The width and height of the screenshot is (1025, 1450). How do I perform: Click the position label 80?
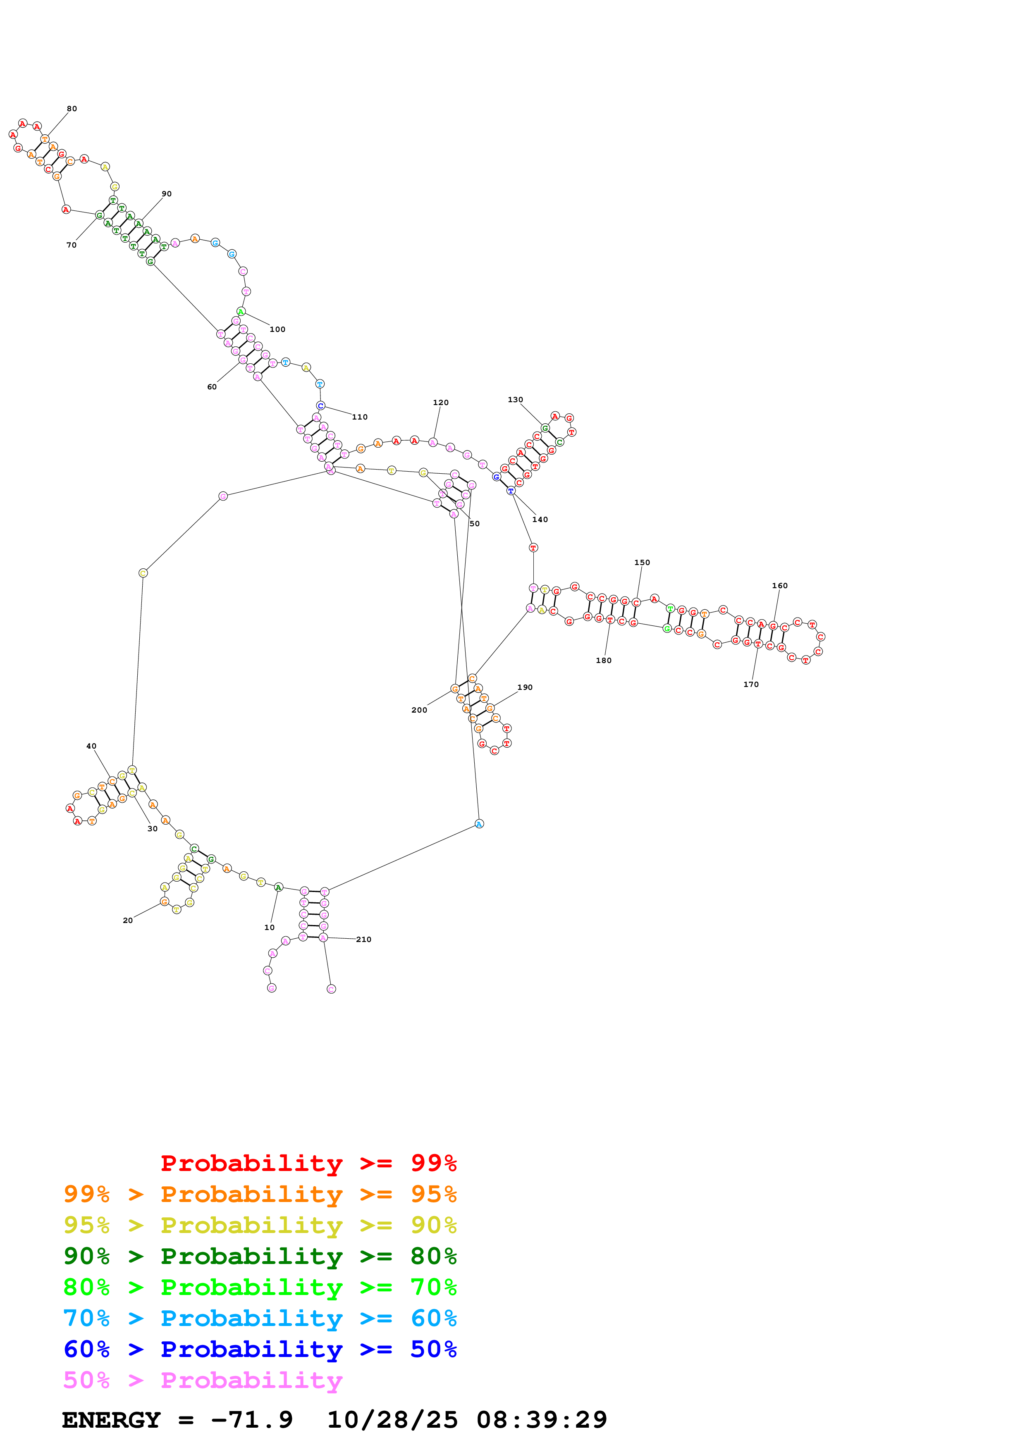(x=72, y=109)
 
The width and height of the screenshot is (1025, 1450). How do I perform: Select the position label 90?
(x=166, y=194)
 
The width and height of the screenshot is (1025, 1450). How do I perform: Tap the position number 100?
(x=277, y=329)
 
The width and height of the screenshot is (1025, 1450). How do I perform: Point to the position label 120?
(x=441, y=402)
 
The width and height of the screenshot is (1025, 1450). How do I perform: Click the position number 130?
(x=515, y=400)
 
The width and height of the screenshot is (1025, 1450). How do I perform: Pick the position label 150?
(x=642, y=562)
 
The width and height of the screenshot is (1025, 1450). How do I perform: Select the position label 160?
(x=780, y=585)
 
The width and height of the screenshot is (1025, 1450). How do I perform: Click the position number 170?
(x=751, y=684)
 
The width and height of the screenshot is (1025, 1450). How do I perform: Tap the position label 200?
(x=419, y=710)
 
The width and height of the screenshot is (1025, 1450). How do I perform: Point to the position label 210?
(x=364, y=939)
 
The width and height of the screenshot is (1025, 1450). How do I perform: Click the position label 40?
(x=91, y=746)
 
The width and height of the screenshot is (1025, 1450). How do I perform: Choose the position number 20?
(x=128, y=920)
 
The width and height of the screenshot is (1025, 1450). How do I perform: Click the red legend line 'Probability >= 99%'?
(x=308, y=1163)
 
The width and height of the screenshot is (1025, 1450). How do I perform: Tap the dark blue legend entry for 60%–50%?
(x=260, y=1349)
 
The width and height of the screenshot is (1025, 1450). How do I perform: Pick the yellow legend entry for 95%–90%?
(x=260, y=1225)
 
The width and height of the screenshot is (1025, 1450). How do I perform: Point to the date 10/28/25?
(x=392, y=1420)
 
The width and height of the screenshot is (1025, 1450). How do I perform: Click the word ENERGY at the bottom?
(x=111, y=1420)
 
